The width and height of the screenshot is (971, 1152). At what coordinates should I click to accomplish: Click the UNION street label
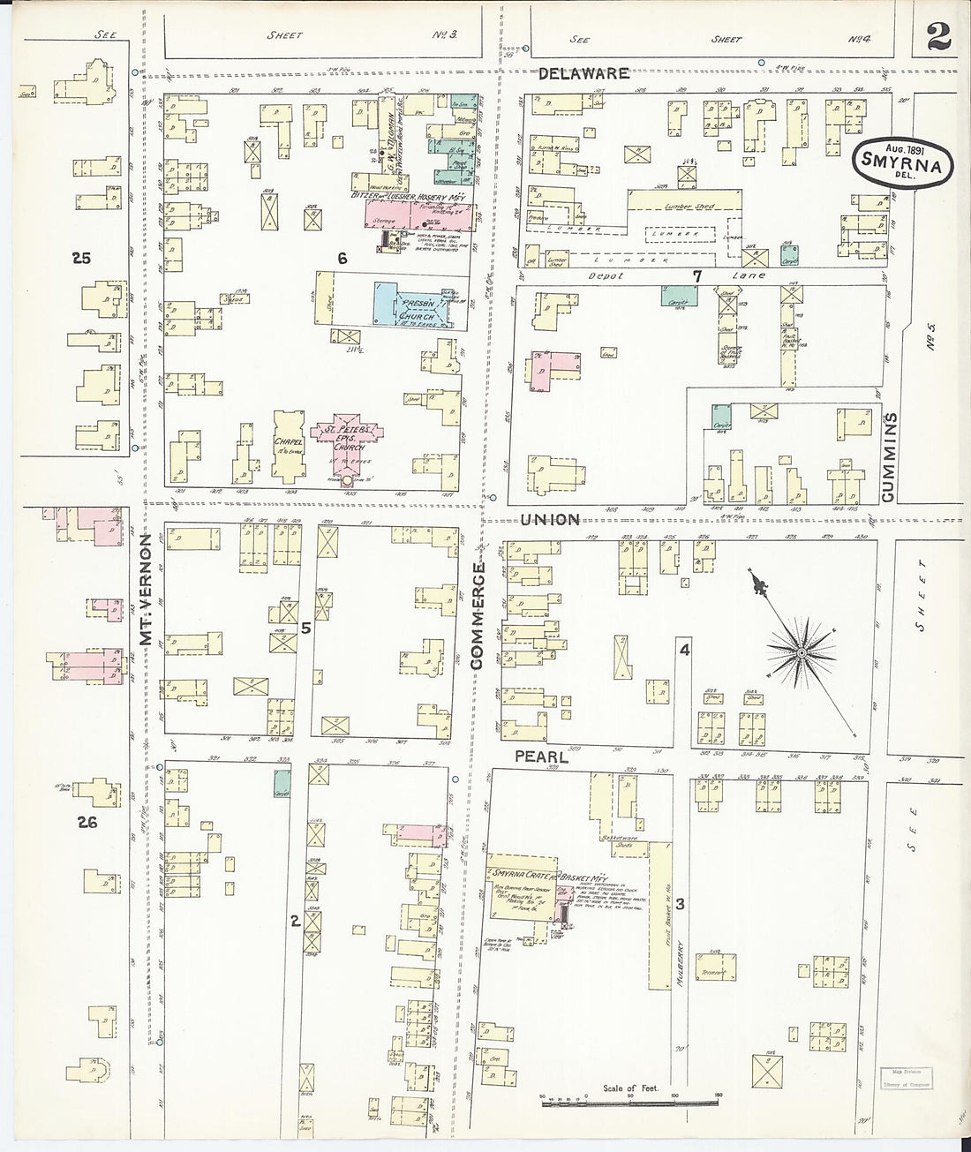(549, 520)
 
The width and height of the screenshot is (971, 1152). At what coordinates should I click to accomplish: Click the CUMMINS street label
(889, 458)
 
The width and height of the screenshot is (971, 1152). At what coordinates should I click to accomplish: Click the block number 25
(82, 259)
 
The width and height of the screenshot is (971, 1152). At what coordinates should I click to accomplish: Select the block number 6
(342, 258)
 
